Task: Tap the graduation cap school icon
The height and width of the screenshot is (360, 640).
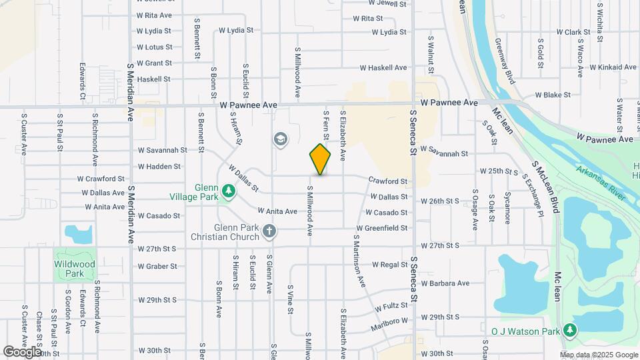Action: [x=281, y=139]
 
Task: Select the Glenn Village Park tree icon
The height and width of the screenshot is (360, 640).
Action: [x=229, y=192]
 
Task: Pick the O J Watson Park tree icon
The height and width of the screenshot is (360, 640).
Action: [x=569, y=330]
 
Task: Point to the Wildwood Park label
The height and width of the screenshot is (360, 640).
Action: [x=75, y=269]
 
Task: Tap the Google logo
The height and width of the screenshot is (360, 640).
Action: [x=22, y=351]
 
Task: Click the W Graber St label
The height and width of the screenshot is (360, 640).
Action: [x=157, y=266]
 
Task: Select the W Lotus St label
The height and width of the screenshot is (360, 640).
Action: [x=154, y=47]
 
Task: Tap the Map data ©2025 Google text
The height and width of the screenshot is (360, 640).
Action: [x=599, y=355]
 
